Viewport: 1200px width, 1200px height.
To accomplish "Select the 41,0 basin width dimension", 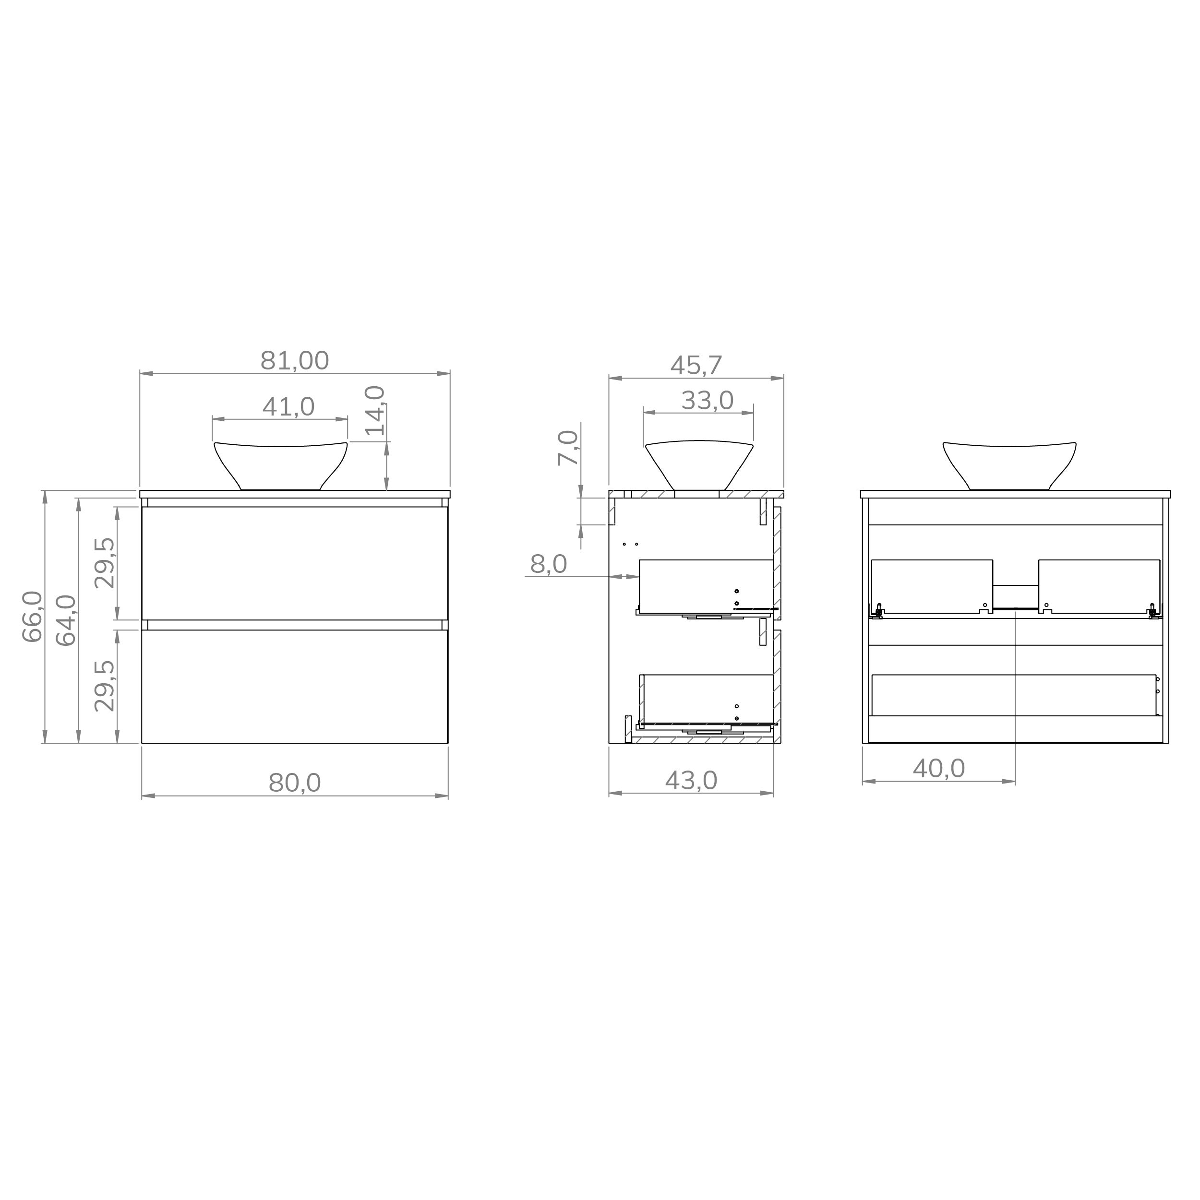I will tap(288, 407).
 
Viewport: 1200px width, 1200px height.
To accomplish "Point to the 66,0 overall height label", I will tap(32, 616).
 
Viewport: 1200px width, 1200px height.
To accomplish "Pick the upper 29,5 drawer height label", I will tap(105, 563).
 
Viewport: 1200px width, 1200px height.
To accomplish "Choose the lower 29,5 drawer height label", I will tap(105, 686).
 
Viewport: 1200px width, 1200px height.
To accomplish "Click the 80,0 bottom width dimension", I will tap(295, 783).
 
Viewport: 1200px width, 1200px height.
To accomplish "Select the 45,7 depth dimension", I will tap(696, 366).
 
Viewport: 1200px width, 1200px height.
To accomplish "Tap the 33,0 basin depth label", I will tap(707, 401).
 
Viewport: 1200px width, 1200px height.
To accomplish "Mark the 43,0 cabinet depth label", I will tap(691, 781).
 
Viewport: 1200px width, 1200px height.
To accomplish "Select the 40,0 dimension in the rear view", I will tap(938, 769).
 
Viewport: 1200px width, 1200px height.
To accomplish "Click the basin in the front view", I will tap(281, 464).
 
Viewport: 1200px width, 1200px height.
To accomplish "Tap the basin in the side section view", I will tap(699, 464).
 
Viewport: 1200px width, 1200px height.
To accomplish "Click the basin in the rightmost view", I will tap(1009, 464).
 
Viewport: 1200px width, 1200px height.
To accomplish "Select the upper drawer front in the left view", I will tap(295, 563).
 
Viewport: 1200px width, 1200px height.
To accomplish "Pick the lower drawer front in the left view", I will tap(295, 686).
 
